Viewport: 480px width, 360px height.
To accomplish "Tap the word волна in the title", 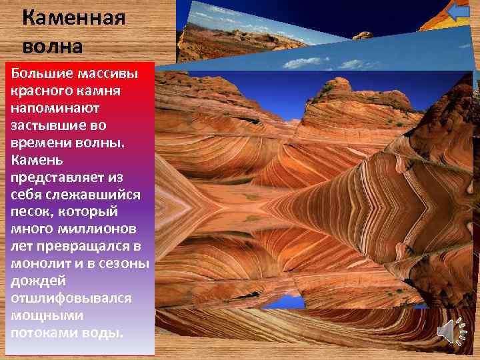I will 52,47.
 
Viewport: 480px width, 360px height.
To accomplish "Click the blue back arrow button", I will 457,13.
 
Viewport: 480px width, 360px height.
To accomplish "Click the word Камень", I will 37,160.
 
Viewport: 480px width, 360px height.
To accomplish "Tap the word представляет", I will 58,177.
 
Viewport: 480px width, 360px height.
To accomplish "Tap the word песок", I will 30,212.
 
